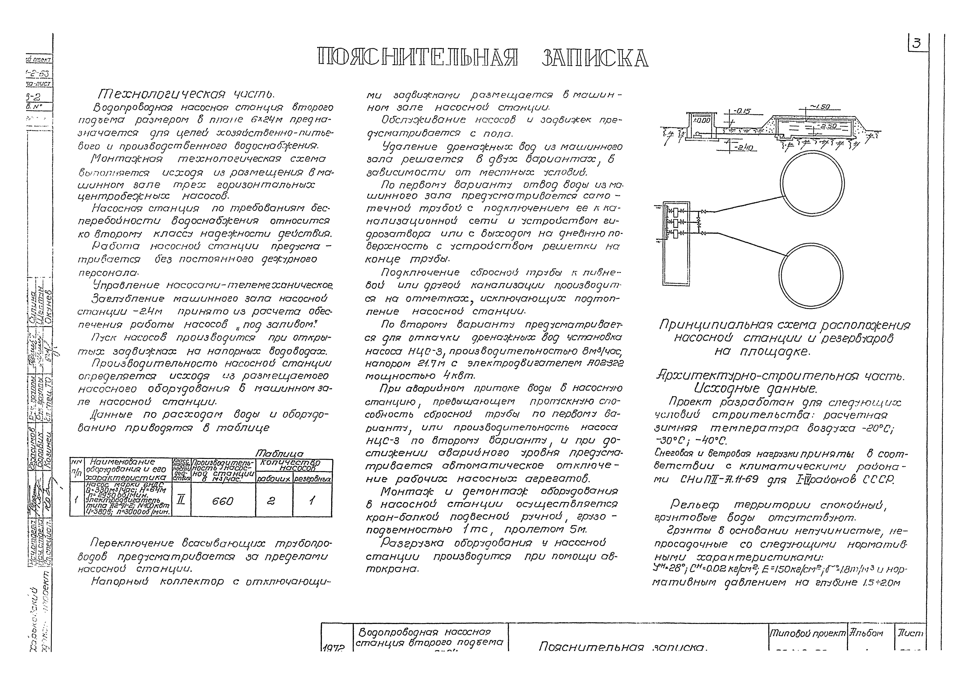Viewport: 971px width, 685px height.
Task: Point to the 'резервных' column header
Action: pos(312,479)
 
